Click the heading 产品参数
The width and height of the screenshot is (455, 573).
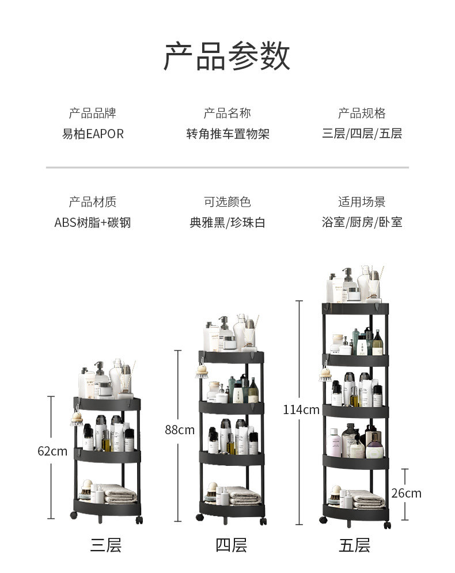coord(227,56)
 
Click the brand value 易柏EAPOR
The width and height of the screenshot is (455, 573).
coord(93,134)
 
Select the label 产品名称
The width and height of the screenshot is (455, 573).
coord(227,113)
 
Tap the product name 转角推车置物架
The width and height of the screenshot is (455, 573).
coord(227,134)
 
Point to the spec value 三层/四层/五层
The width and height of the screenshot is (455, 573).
coord(362,134)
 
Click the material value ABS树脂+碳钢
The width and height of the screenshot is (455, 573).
coord(93,222)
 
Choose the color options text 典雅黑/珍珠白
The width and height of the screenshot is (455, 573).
coord(227,222)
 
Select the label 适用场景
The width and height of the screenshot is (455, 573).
coord(362,202)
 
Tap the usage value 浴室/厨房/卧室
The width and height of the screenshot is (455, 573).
coord(362,222)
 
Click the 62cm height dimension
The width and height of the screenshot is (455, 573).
coord(52,451)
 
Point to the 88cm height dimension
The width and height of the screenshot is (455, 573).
coord(180,430)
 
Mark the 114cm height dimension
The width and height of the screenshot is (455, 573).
coord(301,409)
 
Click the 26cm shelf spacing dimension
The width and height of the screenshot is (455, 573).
coord(406,494)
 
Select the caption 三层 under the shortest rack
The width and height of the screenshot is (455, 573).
coord(105,545)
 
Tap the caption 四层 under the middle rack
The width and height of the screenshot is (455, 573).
coord(231,545)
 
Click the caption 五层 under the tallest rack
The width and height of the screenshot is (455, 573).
coord(355,545)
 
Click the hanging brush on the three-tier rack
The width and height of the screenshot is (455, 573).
coord(77,419)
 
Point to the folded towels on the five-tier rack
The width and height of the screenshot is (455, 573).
coord(367,499)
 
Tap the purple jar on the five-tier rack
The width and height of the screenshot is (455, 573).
coord(374,450)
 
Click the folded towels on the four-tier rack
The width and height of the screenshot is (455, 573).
coord(244,495)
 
